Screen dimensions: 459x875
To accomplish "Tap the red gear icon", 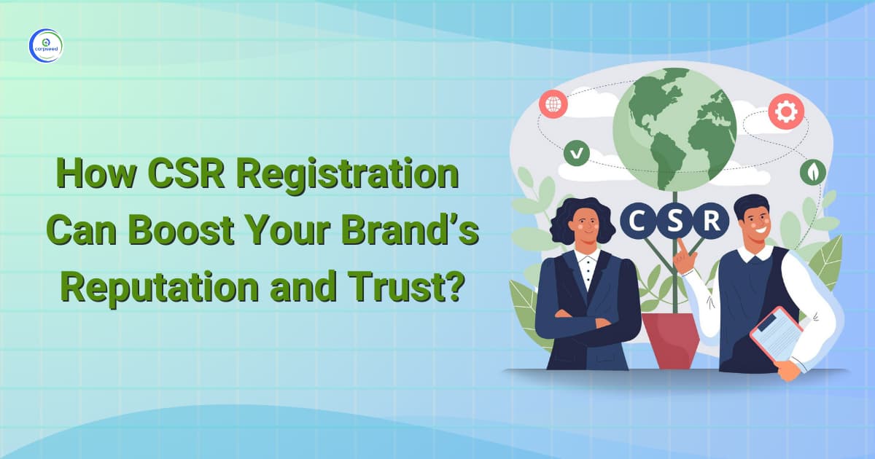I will coord(786,112).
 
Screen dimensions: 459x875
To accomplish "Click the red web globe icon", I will coord(553,103).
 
